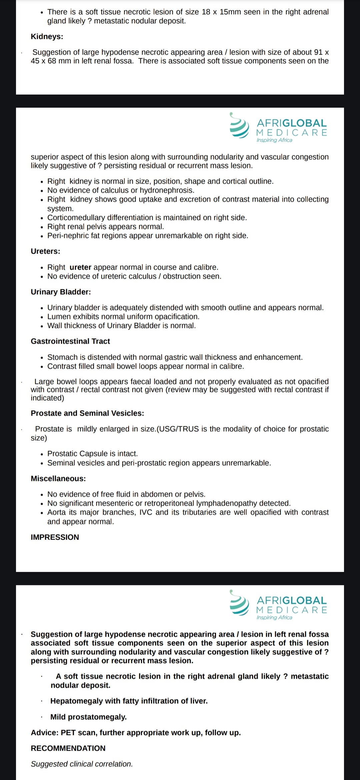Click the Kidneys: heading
click(x=47, y=37)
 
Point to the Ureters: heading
click(x=45, y=251)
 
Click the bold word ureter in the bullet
click(x=80, y=267)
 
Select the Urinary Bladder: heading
click(x=61, y=292)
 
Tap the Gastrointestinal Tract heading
click(x=70, y=341)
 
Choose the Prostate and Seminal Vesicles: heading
click(x=87, y=413)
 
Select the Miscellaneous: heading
click(x=58, y=479)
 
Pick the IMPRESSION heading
click(x=55, y=537)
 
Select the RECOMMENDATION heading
click(x=68, y=748)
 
